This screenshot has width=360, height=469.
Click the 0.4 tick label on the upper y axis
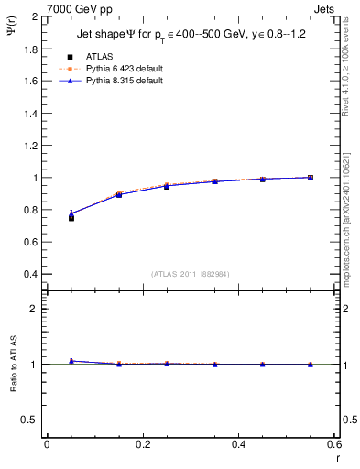point(30,274)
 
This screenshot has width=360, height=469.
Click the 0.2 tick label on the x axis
point(142,444)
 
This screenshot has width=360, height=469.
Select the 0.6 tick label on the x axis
point(334,444)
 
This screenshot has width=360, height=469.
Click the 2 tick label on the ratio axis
point(35,309)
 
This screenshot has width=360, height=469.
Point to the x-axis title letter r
point(337,457)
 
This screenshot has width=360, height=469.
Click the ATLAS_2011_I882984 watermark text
point(191,274)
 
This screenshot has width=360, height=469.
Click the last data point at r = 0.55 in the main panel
point(311,178)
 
